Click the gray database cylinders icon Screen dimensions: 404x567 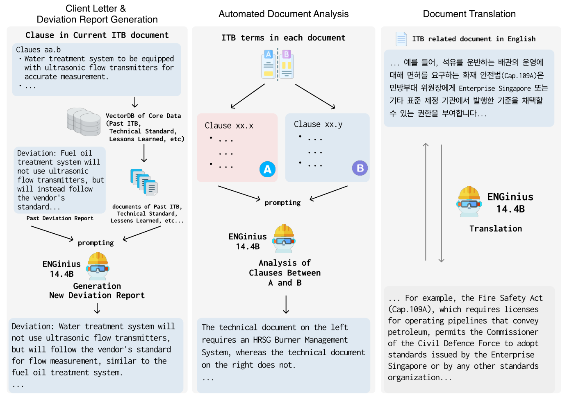click(84, 122)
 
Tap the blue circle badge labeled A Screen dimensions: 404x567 click(267, 169)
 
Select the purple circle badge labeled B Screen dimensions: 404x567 click(360, 168)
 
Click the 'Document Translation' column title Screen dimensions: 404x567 click(469, 14)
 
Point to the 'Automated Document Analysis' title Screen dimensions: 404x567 click(283, 14)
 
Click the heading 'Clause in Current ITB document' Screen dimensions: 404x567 click(97, 35)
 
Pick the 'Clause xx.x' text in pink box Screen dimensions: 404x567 click(229, 126)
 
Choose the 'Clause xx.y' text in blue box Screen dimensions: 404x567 click(318, 124)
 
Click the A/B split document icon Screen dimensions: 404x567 click(278, 64)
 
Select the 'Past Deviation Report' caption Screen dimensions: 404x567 click(60, 219)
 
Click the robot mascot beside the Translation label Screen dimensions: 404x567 click(469, 201)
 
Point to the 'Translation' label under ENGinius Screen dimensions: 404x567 click(495, 229)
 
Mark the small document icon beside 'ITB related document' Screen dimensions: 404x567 click(401, 39)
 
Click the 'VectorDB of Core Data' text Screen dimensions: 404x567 click(143, 116)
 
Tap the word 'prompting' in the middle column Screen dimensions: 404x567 click(282, 203)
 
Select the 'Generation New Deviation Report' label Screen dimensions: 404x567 click(97, 291)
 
